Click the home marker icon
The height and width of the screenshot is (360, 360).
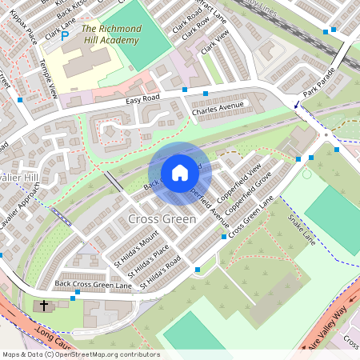180,172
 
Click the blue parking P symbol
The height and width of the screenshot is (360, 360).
65,35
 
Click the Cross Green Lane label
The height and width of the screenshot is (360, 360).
251,216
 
